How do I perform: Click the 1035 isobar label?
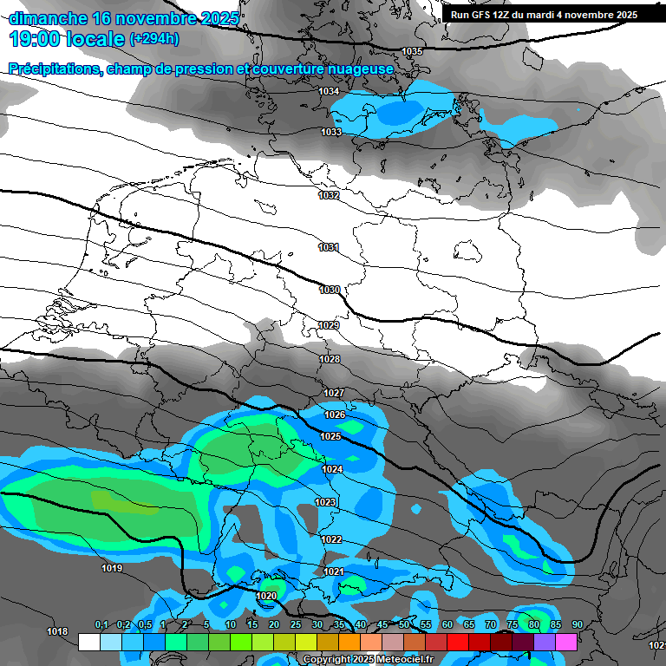(x=412, y=51)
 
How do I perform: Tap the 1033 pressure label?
(x=331, y=132)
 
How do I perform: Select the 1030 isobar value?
(x=330, y=290)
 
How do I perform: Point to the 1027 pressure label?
(x=334, y=393)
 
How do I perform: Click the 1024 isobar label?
(x=332, y=469)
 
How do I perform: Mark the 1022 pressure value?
(x=331, y=539)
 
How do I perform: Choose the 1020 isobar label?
(x=267, y=596)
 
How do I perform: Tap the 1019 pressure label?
(x=112, y=569)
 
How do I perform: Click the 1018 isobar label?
(x=57, y=631)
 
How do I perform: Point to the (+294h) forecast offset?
(x=154, y=38)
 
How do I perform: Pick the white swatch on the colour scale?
(x=89, y=643)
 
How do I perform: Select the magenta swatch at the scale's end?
(x=566, y=643)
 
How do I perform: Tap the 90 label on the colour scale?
(x=577, y=625)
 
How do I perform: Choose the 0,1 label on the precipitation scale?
(x=101, y=625)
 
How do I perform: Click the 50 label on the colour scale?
(x=404, y=625)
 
